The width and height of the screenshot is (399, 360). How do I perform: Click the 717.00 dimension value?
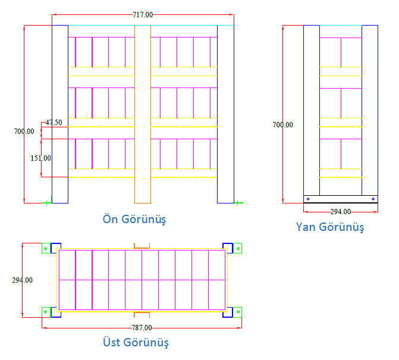click(x=143, y=15)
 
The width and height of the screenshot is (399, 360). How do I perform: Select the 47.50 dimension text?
click(x=54, y=123)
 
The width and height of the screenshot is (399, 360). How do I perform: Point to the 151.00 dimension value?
click(x=40, y=158)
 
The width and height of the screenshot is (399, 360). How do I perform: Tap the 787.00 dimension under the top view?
click(x=142, y=328)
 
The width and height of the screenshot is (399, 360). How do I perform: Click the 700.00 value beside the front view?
click(x=24, y=132)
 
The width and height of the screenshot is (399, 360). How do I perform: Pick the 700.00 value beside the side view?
click(x=282, y=125)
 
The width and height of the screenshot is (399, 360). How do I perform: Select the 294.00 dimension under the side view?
click(x=341, y=212)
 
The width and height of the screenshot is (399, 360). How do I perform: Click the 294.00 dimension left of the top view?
click(x=23, y=280)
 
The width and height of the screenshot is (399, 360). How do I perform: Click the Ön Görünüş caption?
click(x=134, y=219)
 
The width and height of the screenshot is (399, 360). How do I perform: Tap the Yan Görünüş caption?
click(x=330, y=227)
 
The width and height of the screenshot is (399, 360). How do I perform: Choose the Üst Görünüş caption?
click(x=136, y=342)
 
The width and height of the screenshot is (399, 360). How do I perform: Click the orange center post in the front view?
click(x=143, y=114)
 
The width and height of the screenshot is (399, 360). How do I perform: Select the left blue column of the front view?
click(x=60, y=114)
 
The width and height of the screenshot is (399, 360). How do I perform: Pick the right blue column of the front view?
click(x=225, y=114)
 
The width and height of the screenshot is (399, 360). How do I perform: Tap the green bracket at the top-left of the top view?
click(x=46, y=248)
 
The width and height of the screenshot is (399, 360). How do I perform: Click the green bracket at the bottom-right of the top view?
click(x=238, y=312)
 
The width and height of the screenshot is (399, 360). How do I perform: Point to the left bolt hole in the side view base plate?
click(x=308, y=199)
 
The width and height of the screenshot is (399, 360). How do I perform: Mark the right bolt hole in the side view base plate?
click(x=373, y=199)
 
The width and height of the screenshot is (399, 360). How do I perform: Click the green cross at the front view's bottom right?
click(x=237, y=203)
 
